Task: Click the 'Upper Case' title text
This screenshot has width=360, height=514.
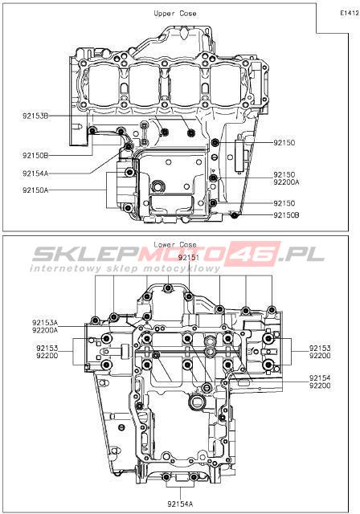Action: click(175, 14)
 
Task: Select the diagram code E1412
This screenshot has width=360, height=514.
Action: click(350, 13)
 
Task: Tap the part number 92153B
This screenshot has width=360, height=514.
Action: click(35, 116)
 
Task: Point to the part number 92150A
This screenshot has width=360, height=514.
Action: click(35, 190)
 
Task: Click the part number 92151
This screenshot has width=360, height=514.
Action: click(189, 257)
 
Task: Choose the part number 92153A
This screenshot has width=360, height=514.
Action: click(45, 323)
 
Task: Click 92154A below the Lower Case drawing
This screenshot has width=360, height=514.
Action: click(180, 504)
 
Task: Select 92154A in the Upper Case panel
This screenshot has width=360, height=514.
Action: click(35, 173)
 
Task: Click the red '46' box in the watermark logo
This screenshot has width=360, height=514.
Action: click(255, 254)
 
